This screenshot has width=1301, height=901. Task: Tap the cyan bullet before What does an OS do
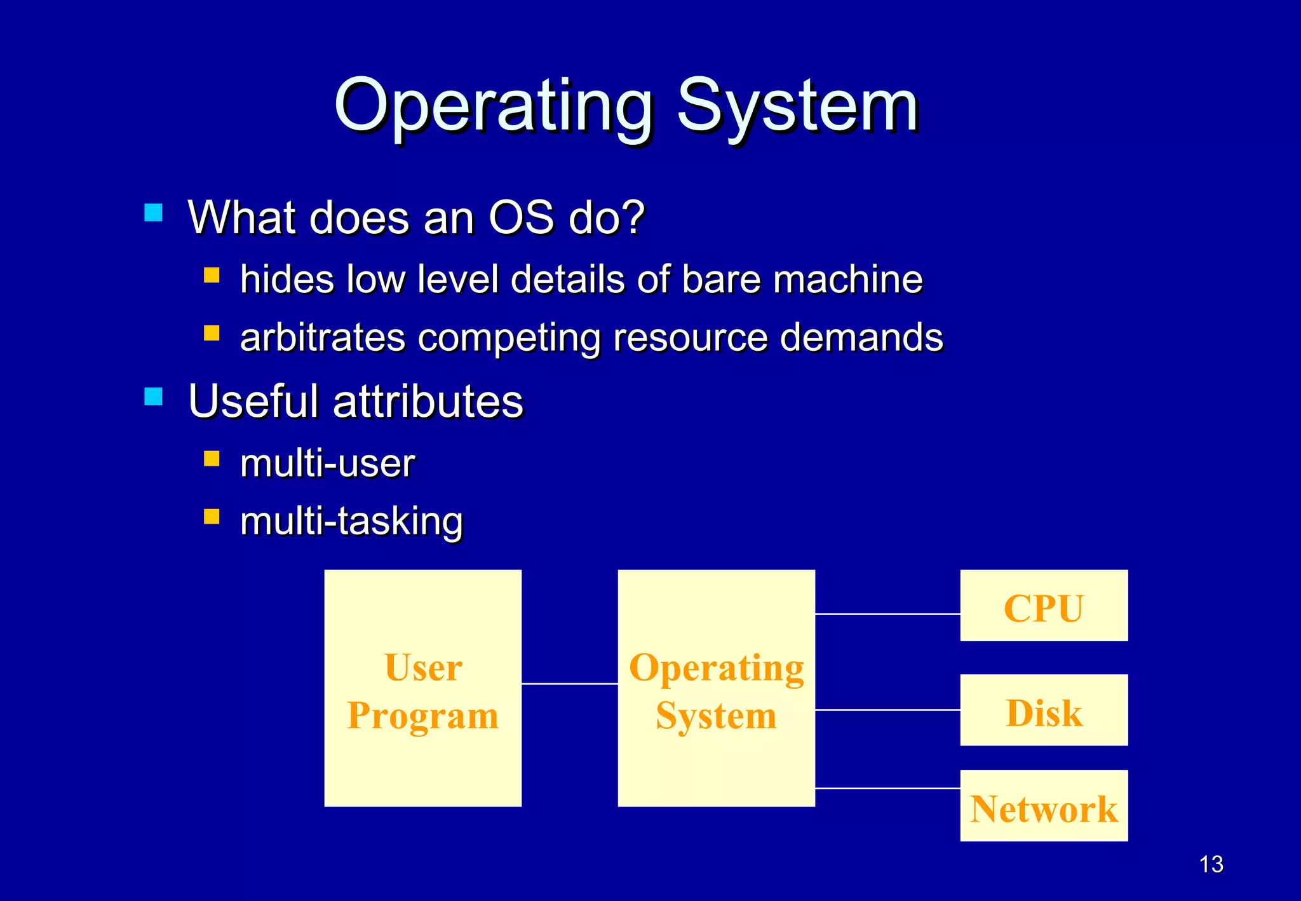pyautogui.click(x=154, y=212)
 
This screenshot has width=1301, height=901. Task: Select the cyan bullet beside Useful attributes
pyautogui.click(x=154, y=396)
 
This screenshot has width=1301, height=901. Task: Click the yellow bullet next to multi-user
pyautogui.click(x=212, y=459)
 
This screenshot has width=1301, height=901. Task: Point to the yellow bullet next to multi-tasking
pyautogui.click(x=212, y=517)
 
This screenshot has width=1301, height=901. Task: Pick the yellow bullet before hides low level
pyautogui.click(x=212, y=275)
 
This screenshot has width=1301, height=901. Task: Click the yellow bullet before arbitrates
pyautogui.click(x=212, y=333)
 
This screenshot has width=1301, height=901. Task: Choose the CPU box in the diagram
pyautogui.click(x=1044, y=606)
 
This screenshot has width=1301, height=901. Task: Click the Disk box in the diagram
pyautogui.click(x=1044, y=710)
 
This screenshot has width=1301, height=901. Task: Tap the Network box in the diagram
pyautogui.click(x=1044, y=806)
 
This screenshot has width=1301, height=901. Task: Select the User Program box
pyautogui.click(x=423, y=688)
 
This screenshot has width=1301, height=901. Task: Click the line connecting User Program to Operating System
pyautogui.click(x=569, y=684)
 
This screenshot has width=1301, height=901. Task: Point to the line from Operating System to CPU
pyautogui.click(x=887, y=614)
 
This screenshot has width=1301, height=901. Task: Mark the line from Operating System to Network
pyautogui.click(x=887, y=788)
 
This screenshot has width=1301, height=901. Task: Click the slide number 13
pyautogui.click(x=1211, y=864)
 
